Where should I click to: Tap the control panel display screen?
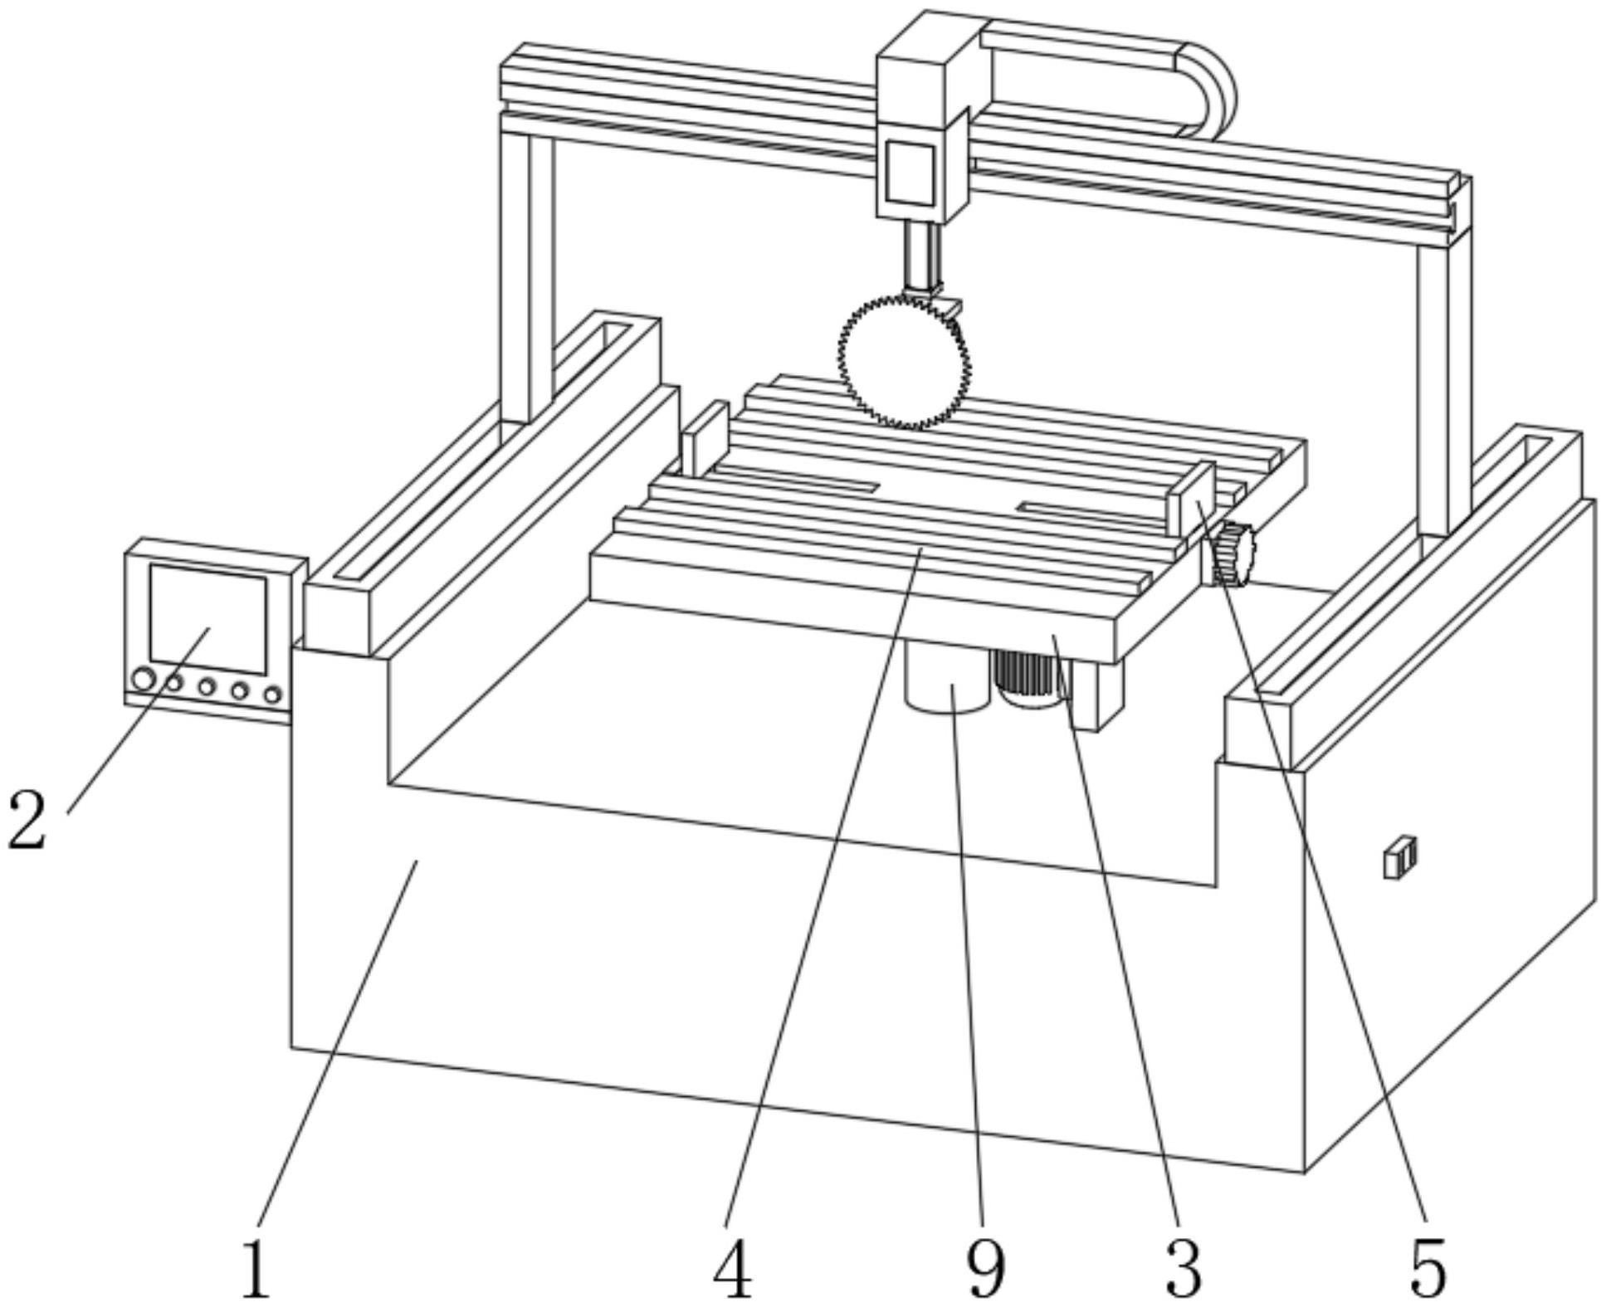point(207,619)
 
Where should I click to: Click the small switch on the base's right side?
point(1399,857)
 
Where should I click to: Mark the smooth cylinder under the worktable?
point(949,676)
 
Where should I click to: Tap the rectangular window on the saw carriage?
point(910,173)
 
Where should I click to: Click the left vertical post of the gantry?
point(527,270)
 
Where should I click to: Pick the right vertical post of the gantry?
point(1444,357)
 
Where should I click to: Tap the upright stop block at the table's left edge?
point(705,437)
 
